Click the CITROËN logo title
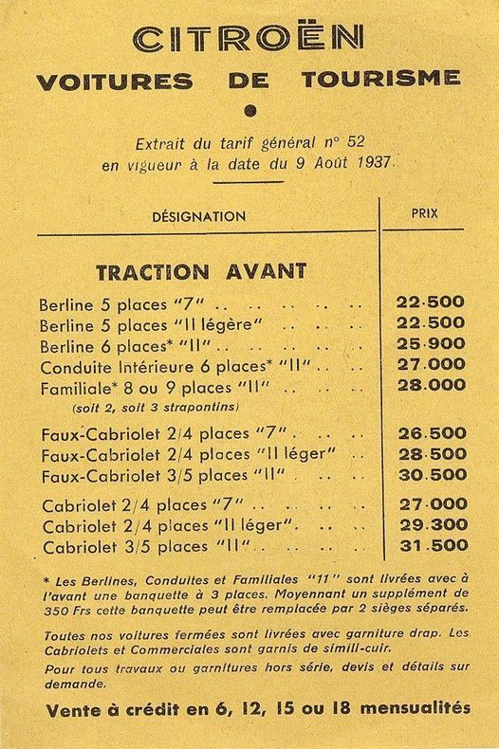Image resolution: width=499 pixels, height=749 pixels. pos(249,38)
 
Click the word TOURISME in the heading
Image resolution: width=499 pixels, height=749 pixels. pos(381,80)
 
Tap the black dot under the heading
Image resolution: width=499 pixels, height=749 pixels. pos(249,110)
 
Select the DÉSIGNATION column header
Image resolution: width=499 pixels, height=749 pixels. pos(198,216)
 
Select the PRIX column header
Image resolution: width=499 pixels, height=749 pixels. pos(424,213)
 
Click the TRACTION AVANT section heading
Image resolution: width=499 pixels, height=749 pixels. pos(201,271)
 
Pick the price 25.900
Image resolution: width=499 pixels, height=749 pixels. pos(430,343)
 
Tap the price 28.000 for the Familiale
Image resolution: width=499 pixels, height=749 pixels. pos(430,385)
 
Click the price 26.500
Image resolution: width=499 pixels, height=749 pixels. pos(430,432)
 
